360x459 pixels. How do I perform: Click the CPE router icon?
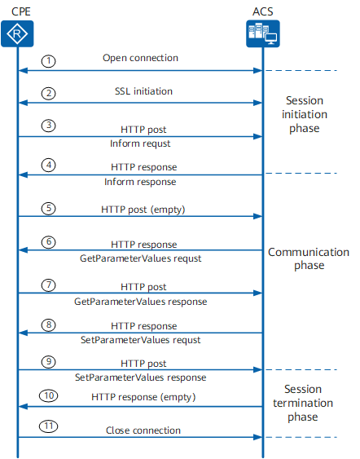17,33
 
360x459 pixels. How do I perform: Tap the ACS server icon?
263,33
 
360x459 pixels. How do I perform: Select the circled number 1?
49,61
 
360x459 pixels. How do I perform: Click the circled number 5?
49,209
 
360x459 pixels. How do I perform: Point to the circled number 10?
49,395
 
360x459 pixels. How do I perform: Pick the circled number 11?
49,426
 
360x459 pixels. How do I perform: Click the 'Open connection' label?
140,58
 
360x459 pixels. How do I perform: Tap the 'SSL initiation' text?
143,91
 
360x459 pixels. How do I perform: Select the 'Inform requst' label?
140,143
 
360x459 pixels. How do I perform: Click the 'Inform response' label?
140,182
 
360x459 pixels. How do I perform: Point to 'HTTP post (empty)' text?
143,210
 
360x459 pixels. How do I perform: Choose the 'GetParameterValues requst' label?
141,258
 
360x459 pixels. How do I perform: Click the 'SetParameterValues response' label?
141,377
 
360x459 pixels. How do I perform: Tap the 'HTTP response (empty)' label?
143,397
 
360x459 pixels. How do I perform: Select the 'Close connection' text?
143,430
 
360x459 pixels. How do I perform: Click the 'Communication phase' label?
309,258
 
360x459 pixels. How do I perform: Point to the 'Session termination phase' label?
303,403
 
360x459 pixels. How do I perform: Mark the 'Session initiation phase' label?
305,114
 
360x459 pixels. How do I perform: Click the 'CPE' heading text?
20,11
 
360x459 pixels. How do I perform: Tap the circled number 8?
49,325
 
